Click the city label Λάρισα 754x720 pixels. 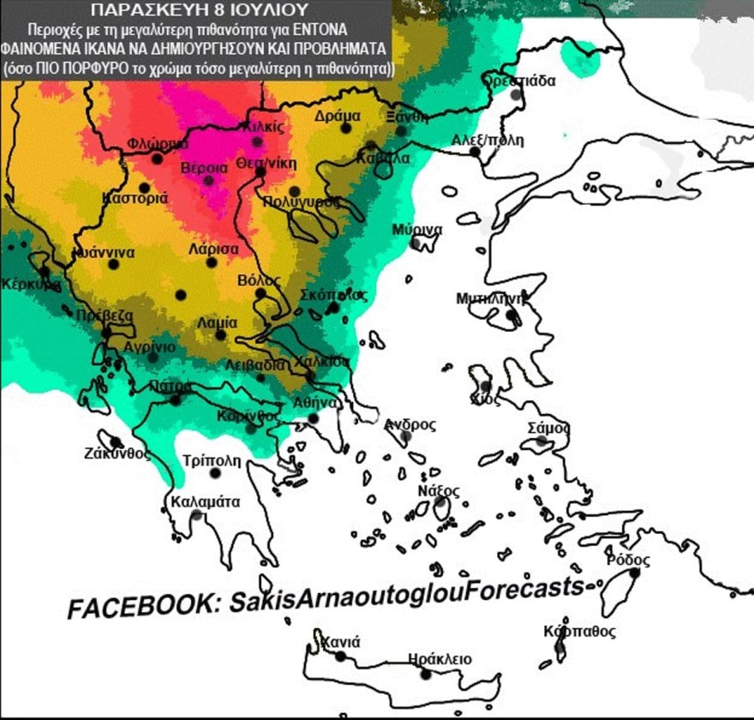click(213, 249)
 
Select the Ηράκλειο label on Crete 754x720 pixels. click(440, 658)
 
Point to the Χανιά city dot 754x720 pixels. click(340, 657)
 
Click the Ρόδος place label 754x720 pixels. click(622, 560)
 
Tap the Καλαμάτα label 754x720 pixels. click(206, 501)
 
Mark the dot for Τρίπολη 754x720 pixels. click(215, 473)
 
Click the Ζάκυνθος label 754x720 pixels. click(118, 453)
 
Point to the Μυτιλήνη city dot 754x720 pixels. click(511, 315)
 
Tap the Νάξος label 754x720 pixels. click(439, 490)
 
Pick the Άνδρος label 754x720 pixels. click(410, 423)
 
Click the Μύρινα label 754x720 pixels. click(417, 230)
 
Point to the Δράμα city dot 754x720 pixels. click(346, 128)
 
